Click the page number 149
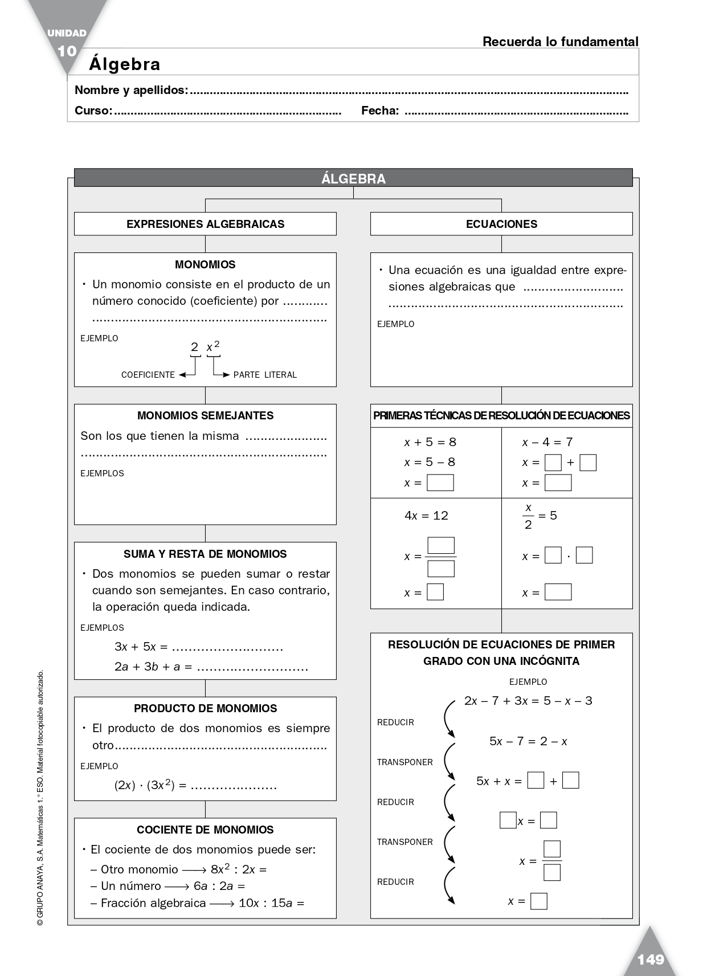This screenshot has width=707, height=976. pyautogui.click(x=651, y=959)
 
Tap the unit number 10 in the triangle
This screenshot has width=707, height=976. pyautogui.click(x=67, y=51)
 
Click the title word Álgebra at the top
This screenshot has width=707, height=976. pyautogui.click(x=124, y=64)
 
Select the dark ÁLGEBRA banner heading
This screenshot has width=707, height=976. pyautogui.click(x=353, y=178)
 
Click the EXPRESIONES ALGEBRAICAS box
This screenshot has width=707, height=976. pyautogui.click(x=205, y=224)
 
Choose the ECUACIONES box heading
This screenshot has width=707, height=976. pyautogui.click(x=501, y=224)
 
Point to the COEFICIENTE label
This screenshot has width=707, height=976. pyautogui.click(x=148, y=375)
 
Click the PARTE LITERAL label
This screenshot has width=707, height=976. pyautogui.click(x=265, y=375)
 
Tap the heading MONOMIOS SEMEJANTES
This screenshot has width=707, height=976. pyautogui.click(x=205, y=415)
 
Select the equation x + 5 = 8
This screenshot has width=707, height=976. pyautogui.click(x=430, y=442)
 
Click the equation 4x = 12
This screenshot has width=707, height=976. pyautogui.click(x=426, y=516)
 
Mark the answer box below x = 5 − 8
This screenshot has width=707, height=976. pyautogui.click(x=440, y=483)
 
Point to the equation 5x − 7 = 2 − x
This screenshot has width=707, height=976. pyautogui.click(x=528, y=741)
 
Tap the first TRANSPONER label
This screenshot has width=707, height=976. pyautogui.click(x=404, y=762)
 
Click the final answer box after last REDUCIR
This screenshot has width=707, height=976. pyautogui.click(x=538, y=901)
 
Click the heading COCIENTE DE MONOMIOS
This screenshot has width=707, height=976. pyautogui.click(x=205, y=830)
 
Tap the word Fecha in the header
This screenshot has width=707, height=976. pyautogui.click(x=379, y=111)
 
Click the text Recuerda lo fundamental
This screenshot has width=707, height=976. pyautogui.click(x=560, y=42)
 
